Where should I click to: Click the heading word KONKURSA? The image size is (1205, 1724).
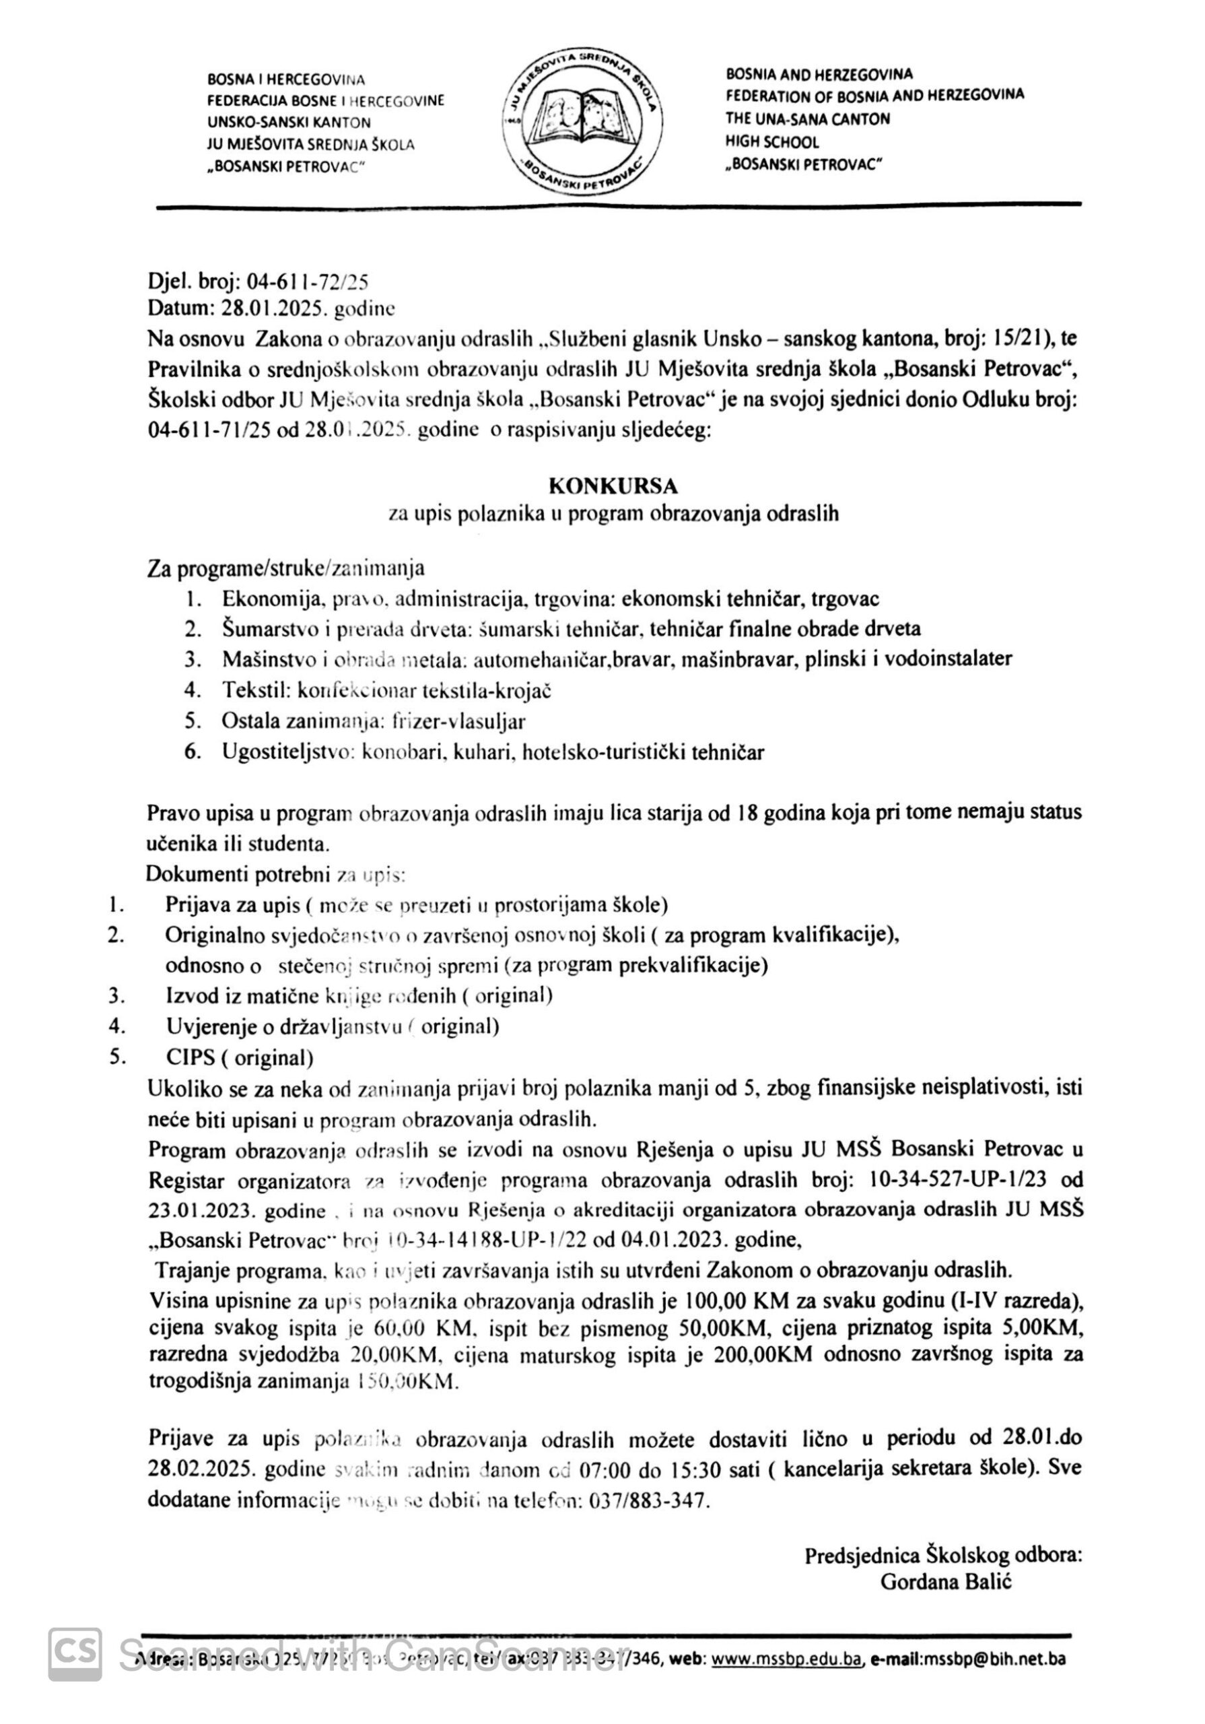613,487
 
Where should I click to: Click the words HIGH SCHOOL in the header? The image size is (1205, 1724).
771,142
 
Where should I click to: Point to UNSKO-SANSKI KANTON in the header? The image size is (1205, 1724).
288,123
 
